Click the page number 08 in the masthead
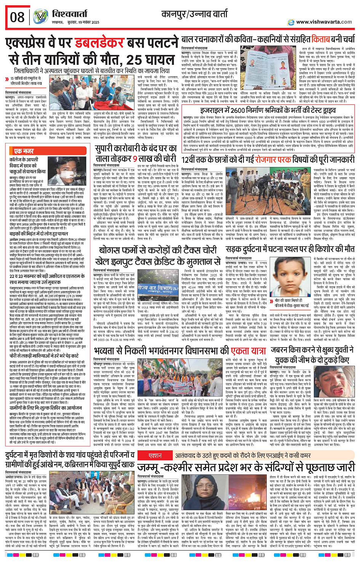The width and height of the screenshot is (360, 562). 18,17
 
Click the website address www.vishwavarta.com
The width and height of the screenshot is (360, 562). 324,22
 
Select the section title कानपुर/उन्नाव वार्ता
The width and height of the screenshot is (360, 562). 194,14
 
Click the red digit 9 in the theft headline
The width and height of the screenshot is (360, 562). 135,158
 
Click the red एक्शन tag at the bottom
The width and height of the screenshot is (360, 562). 155,456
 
